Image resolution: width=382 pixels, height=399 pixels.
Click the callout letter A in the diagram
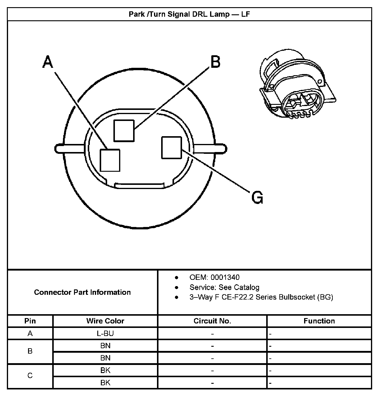point(48,62)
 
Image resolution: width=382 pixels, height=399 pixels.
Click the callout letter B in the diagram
point(215,62)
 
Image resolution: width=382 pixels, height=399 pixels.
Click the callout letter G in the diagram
point(257,197)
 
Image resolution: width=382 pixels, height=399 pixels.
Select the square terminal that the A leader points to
point(110,160)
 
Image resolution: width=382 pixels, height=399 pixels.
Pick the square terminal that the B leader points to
point(124,131)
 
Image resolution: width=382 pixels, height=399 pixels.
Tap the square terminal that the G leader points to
point(171,148)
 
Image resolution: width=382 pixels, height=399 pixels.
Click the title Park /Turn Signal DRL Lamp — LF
point(189,14)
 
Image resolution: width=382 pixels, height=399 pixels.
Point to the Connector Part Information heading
point(82,292)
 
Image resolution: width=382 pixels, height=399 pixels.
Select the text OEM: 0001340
point(214,277)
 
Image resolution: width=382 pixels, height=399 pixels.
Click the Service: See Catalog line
point(224,287)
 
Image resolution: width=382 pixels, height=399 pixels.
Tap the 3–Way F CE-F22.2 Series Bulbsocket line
point(261,297)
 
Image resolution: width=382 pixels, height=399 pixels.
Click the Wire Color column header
point(105,321)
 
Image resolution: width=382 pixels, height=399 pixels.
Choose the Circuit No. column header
point(212,321)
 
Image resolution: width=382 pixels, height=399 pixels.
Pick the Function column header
point(319,321)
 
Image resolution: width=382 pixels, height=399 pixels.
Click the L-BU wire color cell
point(105,333)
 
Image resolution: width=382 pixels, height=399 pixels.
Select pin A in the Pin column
point(30,333)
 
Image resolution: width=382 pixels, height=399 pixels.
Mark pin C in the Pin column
point(30,376)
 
